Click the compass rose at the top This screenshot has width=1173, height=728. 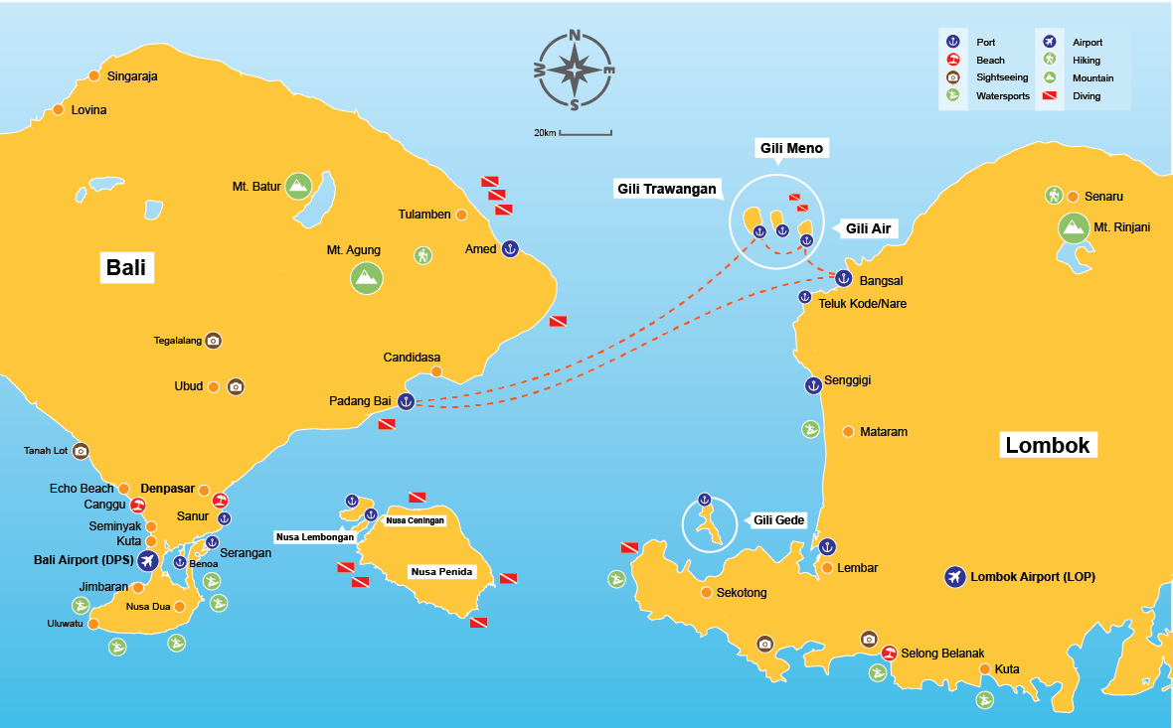tap(575, 70)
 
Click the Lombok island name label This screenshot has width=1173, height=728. tap(1048, 445)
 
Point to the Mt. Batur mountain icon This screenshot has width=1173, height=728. tap(297, 185)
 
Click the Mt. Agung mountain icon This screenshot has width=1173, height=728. tap(366, 276)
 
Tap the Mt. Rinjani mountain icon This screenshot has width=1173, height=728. tap(1073, 227)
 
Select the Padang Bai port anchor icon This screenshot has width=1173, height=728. tap(405, 401)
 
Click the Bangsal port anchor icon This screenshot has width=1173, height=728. tap(843, 279)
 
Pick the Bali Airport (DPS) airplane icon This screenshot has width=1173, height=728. tap(149, 561)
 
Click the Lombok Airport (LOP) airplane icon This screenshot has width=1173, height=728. tap(954, 576)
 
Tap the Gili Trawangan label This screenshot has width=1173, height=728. tap(666, 189)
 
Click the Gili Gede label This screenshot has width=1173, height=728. tap(777, 520)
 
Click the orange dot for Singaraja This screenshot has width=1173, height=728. tap(94, 75)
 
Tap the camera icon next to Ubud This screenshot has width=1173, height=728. tap(236, 386)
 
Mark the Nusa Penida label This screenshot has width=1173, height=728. tap(440, 572)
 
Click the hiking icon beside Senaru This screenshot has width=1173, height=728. tap(1054, 196)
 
